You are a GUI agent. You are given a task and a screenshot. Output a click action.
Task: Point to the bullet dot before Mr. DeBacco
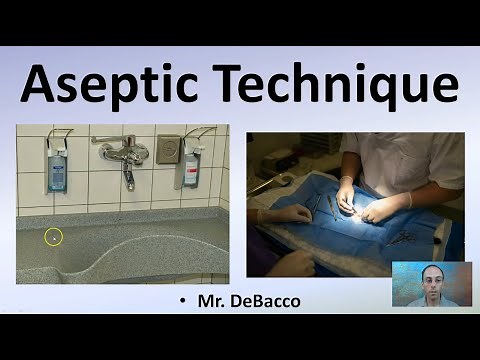coord(182,299)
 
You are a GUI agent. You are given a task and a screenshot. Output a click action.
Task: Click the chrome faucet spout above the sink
coord(128,174)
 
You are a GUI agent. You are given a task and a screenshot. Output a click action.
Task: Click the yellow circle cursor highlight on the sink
coord(54,237)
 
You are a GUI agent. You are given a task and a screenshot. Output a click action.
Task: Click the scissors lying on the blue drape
coord(399,237)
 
